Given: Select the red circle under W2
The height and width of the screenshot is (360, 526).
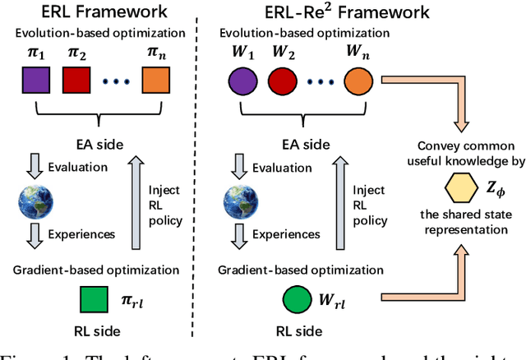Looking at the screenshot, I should click(x=292, y=84).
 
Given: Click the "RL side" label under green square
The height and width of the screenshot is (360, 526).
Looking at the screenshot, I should click(x=95, y=331).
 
